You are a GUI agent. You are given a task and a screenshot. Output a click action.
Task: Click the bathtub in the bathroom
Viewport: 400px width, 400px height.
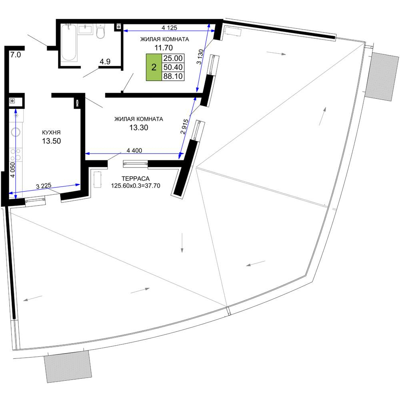pyautogui.click(x=69, y=43)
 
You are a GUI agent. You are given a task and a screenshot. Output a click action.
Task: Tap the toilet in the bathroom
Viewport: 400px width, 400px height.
pyautogui.click(x=101, y=31)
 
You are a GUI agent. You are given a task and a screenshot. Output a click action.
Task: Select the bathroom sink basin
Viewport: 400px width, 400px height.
pyautogui.click(x=85, y=29)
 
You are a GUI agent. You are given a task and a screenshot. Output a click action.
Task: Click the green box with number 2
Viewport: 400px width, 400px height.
pyautogui.click(x=154, y=67)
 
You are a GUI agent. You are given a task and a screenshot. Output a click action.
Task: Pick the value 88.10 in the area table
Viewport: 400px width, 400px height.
pyautogui.click(x=173, y=76)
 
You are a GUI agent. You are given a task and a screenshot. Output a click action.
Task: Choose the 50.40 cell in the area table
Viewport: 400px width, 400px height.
pyautogui.click(x=173, y=67)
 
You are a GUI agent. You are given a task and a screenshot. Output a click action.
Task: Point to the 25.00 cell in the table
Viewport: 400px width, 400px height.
pyautogui.click(x=173, y=58)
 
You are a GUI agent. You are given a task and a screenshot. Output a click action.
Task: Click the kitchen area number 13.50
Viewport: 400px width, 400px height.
pyautogui.click(x=51, y=141)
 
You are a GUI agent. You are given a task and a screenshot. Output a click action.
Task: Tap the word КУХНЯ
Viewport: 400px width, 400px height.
pyautogui.click(x=51, y=132)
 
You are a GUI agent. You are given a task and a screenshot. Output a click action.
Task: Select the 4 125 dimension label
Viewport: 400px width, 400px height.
pyautogui.click(x=169, y=28)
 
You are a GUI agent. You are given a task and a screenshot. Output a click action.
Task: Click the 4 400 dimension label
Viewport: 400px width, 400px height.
pyautogui.click(x=134, y=150)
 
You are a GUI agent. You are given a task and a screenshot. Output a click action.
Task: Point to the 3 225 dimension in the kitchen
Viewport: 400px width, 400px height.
pyautogui.click(x=44, y=186)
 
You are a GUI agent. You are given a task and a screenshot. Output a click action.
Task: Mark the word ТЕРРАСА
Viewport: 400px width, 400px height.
pyautogui.click(x=136, y=178)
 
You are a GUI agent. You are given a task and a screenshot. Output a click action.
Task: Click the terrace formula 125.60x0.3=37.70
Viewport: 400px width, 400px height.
pyautogui.click(x=136, y=186)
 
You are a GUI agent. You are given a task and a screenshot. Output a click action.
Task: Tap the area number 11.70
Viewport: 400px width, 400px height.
pyautogui.click(x=164, y=48)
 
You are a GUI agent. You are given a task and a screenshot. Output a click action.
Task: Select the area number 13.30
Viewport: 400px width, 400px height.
pyautogui.click(x=139, y=127)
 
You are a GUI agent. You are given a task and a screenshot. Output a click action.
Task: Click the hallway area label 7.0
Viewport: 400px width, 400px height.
pyautogui.click(x=16, y=54)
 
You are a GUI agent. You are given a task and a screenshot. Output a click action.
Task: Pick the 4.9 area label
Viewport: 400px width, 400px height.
pyautogui.click(x=105, y=62)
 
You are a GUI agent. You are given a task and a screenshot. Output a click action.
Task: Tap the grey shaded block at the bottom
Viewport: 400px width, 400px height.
pyautogui.click(x=68, y=366)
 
